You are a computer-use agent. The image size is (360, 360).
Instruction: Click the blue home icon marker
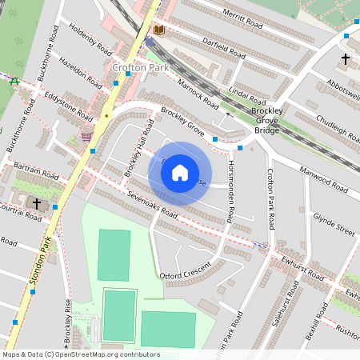(x=180, y=173)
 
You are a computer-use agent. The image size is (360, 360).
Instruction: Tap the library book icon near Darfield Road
(x=158, y=30)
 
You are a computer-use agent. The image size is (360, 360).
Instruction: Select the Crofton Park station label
(x=140, y=68)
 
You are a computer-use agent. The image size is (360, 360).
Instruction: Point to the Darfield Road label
(x=223, y=50)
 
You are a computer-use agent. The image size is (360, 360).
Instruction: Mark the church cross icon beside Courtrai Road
(x=37, y=204)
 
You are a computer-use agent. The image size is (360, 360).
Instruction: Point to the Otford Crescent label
(x=186, y=270)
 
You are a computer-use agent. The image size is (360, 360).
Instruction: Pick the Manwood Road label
(x=323, y=180)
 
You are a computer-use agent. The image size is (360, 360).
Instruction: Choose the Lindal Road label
(x=247, y=96)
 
